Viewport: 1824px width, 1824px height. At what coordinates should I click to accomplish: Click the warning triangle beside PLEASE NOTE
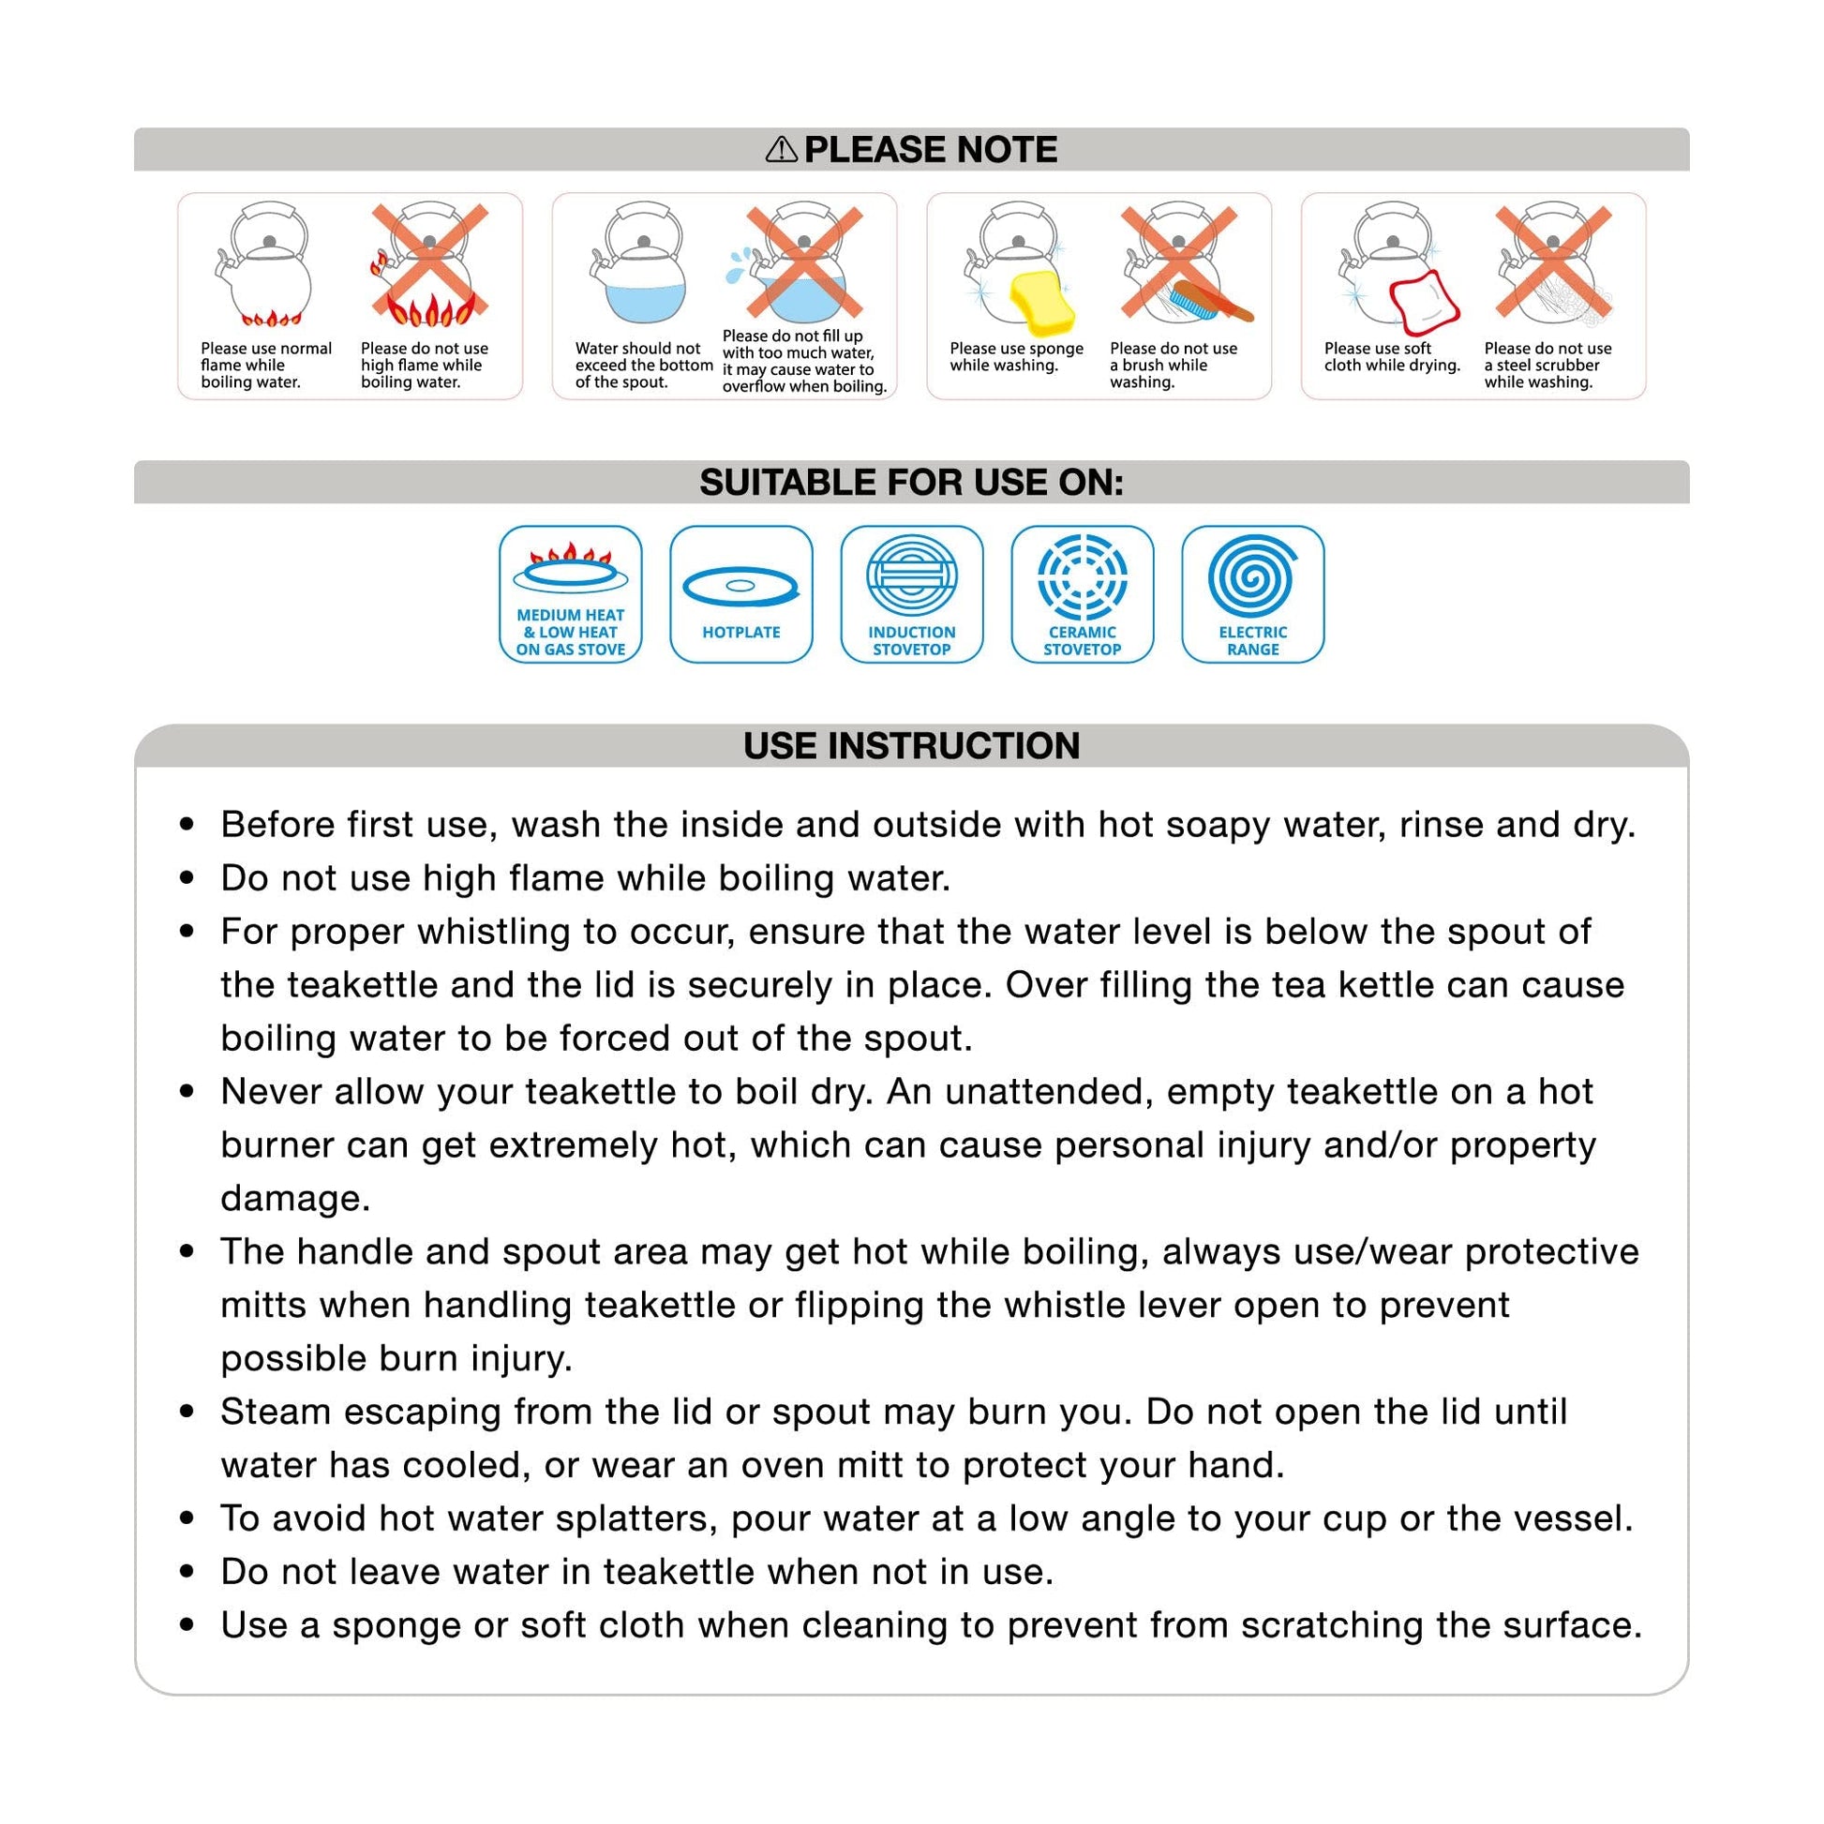781,149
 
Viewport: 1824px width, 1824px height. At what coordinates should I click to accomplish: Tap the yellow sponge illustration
1041,301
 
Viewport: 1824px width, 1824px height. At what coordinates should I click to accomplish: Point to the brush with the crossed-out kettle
1210,301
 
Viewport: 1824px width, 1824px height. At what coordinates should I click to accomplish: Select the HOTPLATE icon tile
741,594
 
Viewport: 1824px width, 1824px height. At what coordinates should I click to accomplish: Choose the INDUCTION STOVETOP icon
911,594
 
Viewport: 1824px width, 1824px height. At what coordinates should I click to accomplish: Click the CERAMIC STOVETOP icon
1082,594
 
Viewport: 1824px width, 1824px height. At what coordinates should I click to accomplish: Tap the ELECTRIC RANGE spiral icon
1252,576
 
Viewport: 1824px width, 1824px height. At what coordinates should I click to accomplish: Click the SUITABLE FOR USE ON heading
911,483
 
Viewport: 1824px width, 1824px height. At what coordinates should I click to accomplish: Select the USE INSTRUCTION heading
911,746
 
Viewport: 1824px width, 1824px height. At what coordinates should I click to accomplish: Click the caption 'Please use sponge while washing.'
1016,357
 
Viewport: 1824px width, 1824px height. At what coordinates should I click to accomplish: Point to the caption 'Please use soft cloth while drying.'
1392,357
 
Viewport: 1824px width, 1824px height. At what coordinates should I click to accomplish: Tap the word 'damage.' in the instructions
295,1198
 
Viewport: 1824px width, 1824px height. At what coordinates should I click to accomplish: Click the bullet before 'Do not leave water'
187,1572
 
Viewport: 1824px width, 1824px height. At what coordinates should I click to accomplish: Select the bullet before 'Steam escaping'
187,1413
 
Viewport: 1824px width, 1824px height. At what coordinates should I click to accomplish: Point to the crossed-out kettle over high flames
429,263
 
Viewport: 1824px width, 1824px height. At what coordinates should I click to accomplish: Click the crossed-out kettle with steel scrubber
1553,263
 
